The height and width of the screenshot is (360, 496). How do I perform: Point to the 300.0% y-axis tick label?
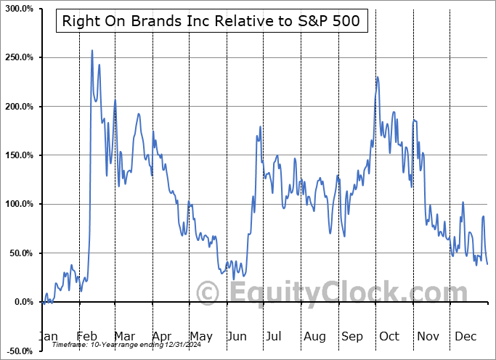[x=17, y=9]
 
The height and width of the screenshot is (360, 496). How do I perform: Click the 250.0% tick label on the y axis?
[x=17, y=57]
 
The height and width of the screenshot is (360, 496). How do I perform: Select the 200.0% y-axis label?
[x=17, y=107]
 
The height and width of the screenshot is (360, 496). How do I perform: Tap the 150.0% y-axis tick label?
[x=17, y=155]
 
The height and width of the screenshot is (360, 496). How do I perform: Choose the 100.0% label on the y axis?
[x=17, y=205]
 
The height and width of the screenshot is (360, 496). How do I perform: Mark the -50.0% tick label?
[x=17, y=351]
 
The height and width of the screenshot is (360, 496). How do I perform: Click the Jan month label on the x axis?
[x=47, y=337]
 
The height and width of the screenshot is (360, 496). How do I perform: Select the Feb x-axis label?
[x=86, y=337]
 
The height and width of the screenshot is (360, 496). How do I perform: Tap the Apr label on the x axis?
[x=161, y=337]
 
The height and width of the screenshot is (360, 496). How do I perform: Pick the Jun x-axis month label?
[x=237, y=337]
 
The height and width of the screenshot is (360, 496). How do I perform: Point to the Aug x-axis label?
[x=314, y=337]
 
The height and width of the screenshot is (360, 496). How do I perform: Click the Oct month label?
[x=389, y=337]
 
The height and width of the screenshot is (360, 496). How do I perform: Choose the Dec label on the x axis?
[x=464, y=337]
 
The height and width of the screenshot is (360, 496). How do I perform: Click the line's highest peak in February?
[x=92, y=50]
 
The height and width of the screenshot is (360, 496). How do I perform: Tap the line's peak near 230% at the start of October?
[x=378, y=77]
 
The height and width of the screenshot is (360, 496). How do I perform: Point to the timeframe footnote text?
[x=110, y=345]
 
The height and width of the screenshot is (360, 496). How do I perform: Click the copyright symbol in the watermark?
[x=208, y=293]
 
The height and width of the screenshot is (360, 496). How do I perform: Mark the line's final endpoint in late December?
[x=487, y=263]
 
